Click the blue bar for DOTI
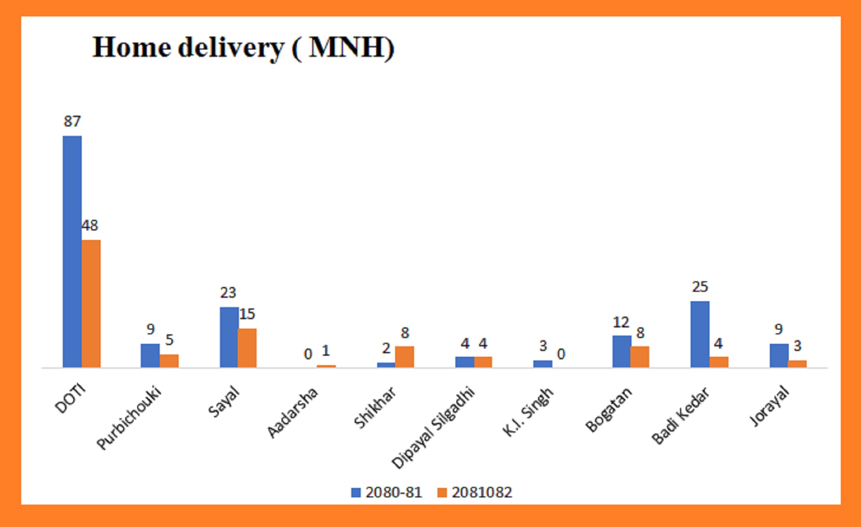72,252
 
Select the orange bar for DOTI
91,304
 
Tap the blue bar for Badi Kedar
700,334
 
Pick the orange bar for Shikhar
405,357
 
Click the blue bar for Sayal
229,337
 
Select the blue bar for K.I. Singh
542,364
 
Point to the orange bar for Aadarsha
326,366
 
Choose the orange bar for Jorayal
797,364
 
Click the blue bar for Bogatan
622,351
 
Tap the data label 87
72,122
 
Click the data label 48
90,225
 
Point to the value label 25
700,287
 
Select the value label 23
228,293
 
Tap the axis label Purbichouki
129,418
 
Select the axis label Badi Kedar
680,416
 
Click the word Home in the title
132,47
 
